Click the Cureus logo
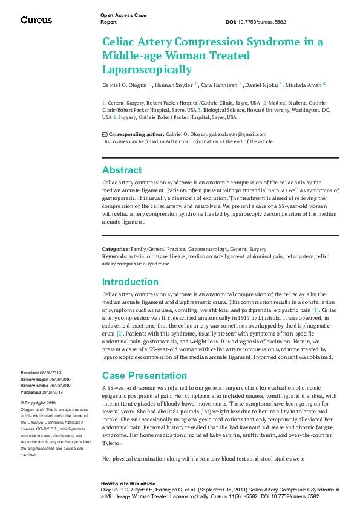(x=36, y=20)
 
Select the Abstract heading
(x=122, y=170)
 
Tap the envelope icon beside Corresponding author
(x=105, y=134)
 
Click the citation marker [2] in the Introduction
(x=120, y=333)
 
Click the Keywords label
(x=115, y=256)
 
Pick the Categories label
(x=116, y=249)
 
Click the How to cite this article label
(x=128, y=484)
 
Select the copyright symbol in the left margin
(x=22, y=403)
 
